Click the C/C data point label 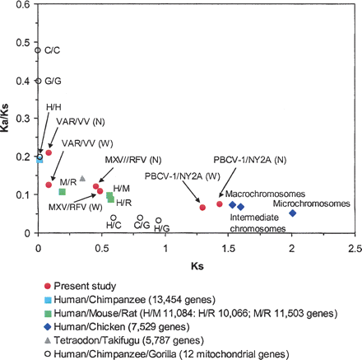51,50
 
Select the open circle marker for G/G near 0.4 39,81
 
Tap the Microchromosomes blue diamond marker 292,213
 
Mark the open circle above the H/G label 159,220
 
